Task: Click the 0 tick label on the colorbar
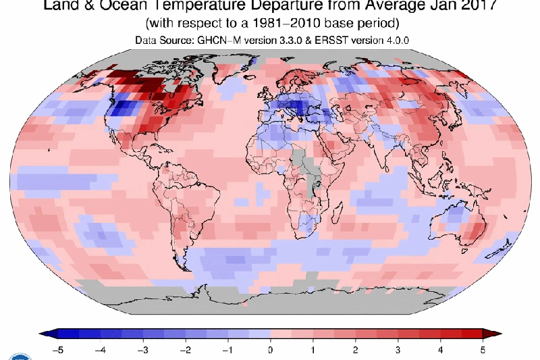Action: pyautogui.click(x=271, y=350)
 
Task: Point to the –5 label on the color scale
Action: pyautogui.click(x=58, y=350)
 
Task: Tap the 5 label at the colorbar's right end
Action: pyautogui.click(x=483, y=350)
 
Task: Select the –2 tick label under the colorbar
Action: pyautogui.click(x=185, y=350)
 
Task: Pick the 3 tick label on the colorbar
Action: pyautogui.click(x=398, y=350)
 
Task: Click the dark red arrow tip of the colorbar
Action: pyautogui.click(x=492, y=334)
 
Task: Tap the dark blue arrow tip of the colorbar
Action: pyautogui.click(x=49, y=334)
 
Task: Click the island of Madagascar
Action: pyautogui.click(x=337, y=213)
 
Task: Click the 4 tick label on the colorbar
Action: pyautogui.click(x=441, y=350)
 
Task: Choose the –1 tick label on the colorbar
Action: pyautogui.click(x=227, y=350)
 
